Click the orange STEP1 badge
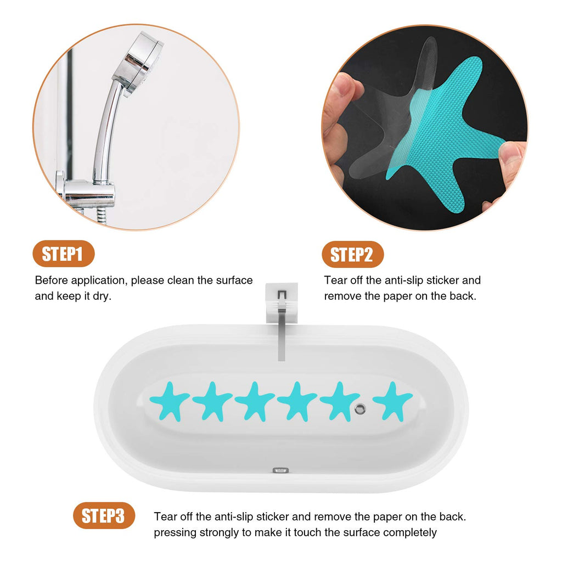click(64, 254)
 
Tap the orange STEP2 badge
click(353, 255)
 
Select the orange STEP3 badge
click(104, 516)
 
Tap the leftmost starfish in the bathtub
click(169, 401)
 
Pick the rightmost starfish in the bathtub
click(393, 401)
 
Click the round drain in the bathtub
click(360, 408)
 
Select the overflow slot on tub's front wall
click(280, 470)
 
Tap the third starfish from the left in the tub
click(255, 401)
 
